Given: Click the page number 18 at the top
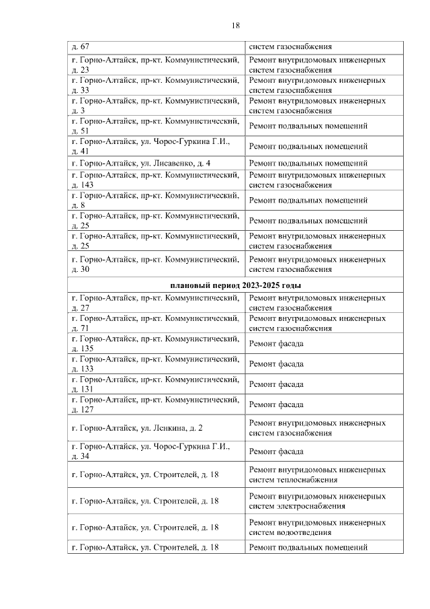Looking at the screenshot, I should click(235, 25).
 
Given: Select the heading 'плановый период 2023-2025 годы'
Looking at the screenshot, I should click(235, 286).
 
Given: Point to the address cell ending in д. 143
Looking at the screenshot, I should click(156, 180).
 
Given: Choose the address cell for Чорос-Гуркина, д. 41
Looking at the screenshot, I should click(156, 146).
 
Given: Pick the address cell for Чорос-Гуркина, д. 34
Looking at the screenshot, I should click(156, 452).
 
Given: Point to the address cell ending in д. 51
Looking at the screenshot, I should click(156, 126).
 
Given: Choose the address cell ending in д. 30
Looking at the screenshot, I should click(156, 264).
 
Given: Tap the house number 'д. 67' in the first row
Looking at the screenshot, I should click(81, 47).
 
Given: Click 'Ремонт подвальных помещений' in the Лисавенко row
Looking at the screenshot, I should click(308, 164).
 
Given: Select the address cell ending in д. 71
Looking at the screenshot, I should click(156, 323).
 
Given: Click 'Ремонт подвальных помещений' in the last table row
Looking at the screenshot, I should click(308, 548).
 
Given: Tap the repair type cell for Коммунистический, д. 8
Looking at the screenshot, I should click(308, 201).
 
